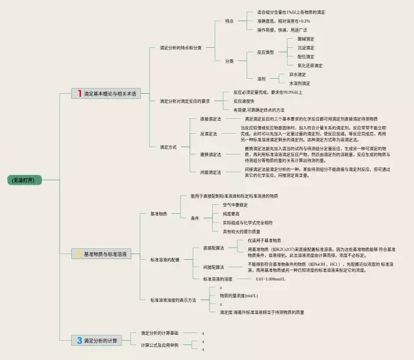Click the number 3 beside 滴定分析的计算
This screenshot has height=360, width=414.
click(79, 340)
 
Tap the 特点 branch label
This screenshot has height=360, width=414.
click(230, 21)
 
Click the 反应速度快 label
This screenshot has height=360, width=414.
click(245, 101)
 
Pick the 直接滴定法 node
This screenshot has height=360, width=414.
click(210, 119)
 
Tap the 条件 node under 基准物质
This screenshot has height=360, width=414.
click(195, 218)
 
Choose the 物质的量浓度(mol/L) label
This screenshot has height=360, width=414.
click(239, 295)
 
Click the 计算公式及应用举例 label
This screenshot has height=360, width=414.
click(160, 345)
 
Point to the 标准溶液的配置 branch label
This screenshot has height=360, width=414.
click(166, 259)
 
